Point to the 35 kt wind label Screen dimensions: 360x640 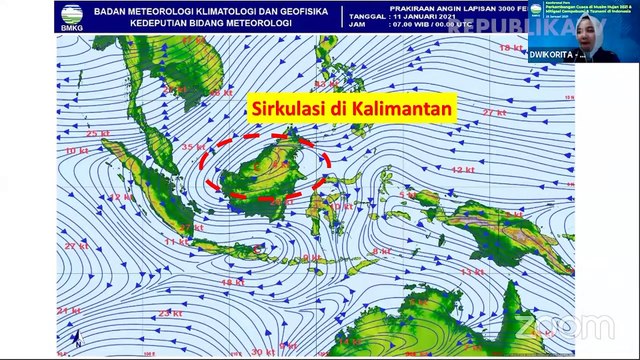(x=193, y=148)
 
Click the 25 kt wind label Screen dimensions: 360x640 (x=98, y=133)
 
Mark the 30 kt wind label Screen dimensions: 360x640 (x=263, y=351)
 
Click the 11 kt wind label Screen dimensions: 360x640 (x=176, y=242)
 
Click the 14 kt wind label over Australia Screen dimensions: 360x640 (x=350, y=341)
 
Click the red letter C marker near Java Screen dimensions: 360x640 (x=259, y=247)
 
